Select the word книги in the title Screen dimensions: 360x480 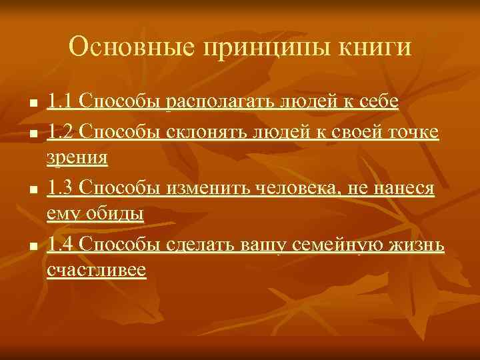[376, 48]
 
